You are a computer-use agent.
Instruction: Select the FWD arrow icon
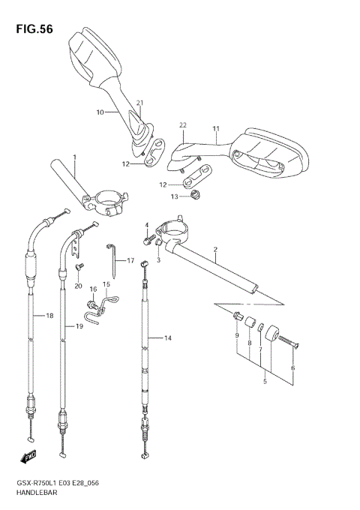tap(28, 455)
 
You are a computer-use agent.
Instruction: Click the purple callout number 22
tap(183, 125)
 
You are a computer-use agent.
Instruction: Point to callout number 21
tap(139, 103)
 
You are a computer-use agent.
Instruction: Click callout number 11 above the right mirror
tap(216, 128)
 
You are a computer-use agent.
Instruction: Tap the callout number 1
tap(75, 157)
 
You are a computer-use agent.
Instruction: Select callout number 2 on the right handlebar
tap(215, 250)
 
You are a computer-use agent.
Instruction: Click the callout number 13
tap(175, 197)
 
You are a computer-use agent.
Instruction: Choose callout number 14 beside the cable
tap(168, 338)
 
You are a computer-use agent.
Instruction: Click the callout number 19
tap(79, 325)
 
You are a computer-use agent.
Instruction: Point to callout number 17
tap(130, 261)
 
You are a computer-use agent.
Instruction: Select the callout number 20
tap(78, 286)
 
